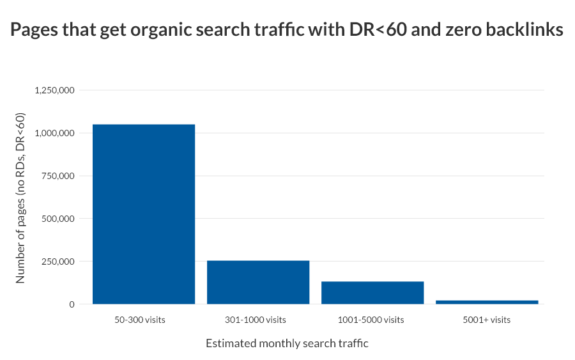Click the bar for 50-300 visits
(x=144, y=214)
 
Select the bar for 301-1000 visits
(x=258, y=282)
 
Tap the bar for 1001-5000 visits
(x=372, y=293)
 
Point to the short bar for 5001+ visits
(x=487, y=302)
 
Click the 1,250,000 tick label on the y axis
(x=56, y=90)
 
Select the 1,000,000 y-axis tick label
(x=56, y=133)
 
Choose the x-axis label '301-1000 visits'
(x=256, y=320)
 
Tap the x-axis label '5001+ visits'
(x=487, y=320)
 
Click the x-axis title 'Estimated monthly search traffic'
(x=287, y=343)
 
